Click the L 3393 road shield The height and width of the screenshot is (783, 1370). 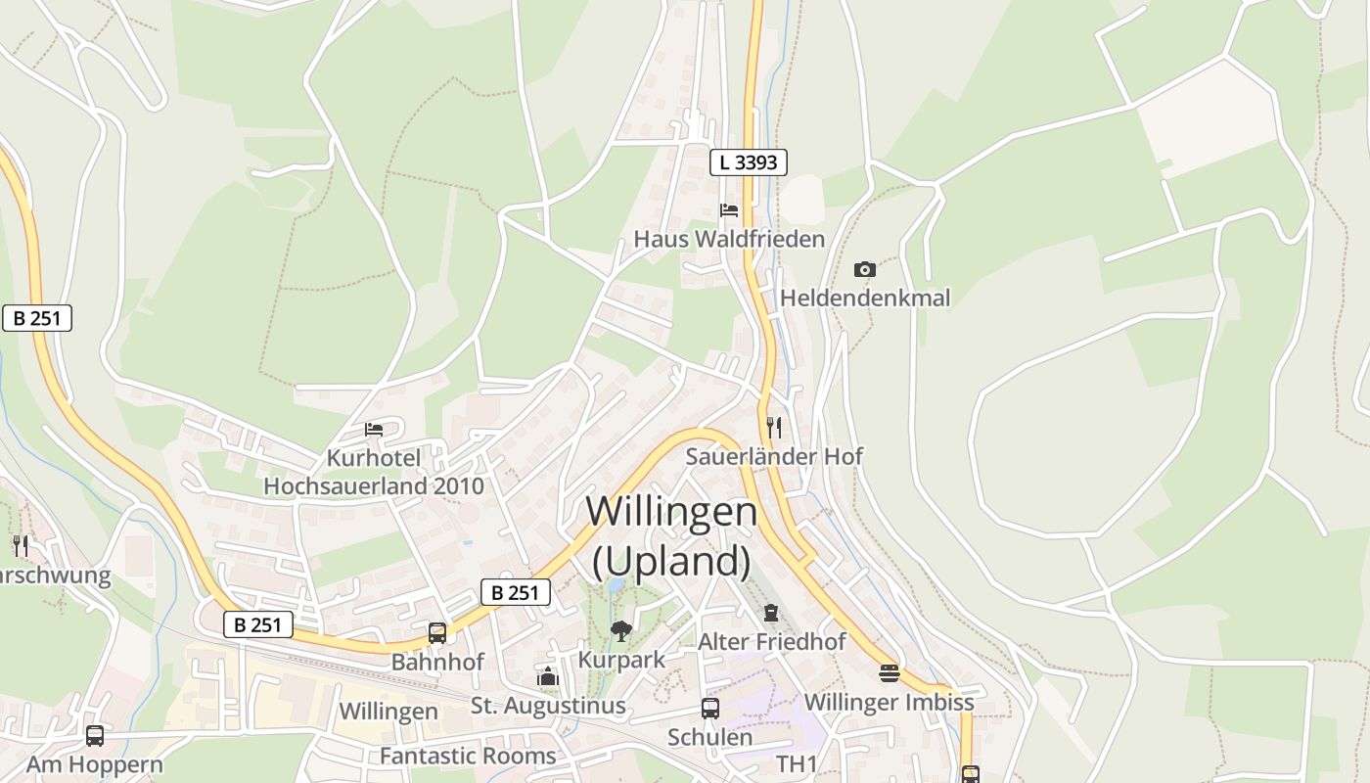[x=749, y=162]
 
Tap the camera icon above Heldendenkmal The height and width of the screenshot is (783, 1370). [x=864, y=269]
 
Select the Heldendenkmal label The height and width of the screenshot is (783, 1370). [x=865, y=298]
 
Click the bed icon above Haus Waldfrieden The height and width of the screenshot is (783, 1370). [x=729, y=210]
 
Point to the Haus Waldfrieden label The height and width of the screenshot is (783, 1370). [x=729, y=239]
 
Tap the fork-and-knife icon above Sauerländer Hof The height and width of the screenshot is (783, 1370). [x=774, y=428]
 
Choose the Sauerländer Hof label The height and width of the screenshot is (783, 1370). [x=774, y=456]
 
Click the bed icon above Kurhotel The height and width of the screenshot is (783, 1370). [x=374, y=430]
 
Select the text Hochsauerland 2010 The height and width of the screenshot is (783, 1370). [x=374, y=486]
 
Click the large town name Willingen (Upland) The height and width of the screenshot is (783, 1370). [x=671, y=536]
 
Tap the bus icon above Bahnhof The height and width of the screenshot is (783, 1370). [x=437, y=633]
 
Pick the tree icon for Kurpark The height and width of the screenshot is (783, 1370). [x=620, y=631]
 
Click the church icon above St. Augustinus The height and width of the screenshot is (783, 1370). [x=548, y=677]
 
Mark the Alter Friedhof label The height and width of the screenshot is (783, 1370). [x=772, y=642]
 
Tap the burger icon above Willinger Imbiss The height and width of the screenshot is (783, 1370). [x=889, y=673]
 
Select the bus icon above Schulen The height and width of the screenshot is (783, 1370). [x=710, y=709]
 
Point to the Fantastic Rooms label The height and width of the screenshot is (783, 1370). [x=468, y=757]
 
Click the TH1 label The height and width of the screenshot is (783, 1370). [x=796, y=763]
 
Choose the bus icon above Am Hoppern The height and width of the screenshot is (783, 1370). [x=95, y=736]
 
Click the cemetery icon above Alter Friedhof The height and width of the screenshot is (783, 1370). [x=771, y=614]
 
